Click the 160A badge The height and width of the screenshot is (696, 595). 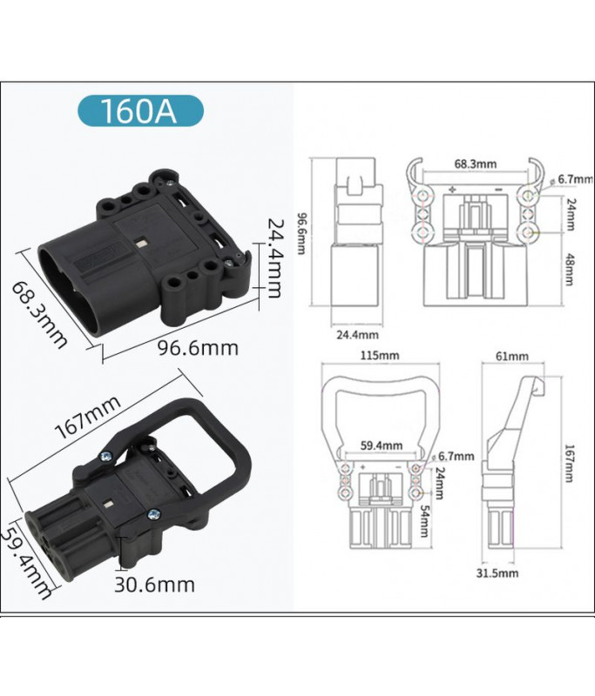(x=139, y=112)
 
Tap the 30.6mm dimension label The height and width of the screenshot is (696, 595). (x=155, y=585)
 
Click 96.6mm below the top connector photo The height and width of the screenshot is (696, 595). (x=198, y=348)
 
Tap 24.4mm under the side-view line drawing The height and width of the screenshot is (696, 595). (x=357, y=334)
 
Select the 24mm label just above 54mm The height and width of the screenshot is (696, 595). (x=445, y=478)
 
